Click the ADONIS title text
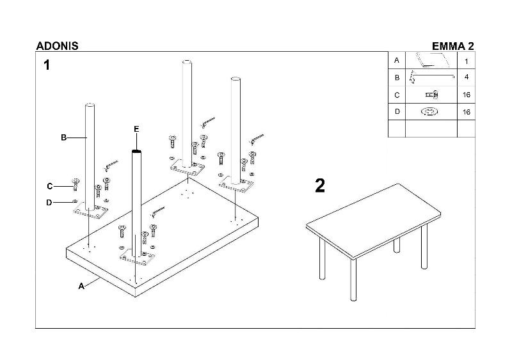pyautogui.click(x=57, y=46)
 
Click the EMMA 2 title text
pyautogui.click(x=453, y=46)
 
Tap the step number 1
pyautogui.click(x=46, y=65)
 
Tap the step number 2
pyautogui.click(x=320, y=185)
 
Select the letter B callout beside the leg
pyautogui.click(x=64, y=138)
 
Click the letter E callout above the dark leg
pyautogui.click(x=136, y=129)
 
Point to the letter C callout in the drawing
pyautogui.click(x=49, y=186)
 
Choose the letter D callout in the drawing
pyautogui.click(x=49, y=203)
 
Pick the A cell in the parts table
pyautogui.click(x=397, y=61)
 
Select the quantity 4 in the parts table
pyautogui.click(x=467, y=78)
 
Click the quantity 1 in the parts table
pyautogui.click(x=467, y=61)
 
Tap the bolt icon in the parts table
pyautogui.click(x=431, y=95)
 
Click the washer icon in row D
pyautogui.click(x=430, y=112)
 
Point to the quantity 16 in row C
pyautogui.click(x=467, y=95)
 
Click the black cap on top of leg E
pyautogui.click(x=136, y=152)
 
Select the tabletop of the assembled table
pyautogui.click(x=371, y=214)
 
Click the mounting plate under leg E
pyautogui.click(x=138, y=258)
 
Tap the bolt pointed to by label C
pyautogui.click(x=76, y=185)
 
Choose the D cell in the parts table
pyautogui.click(x=397, y=112)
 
